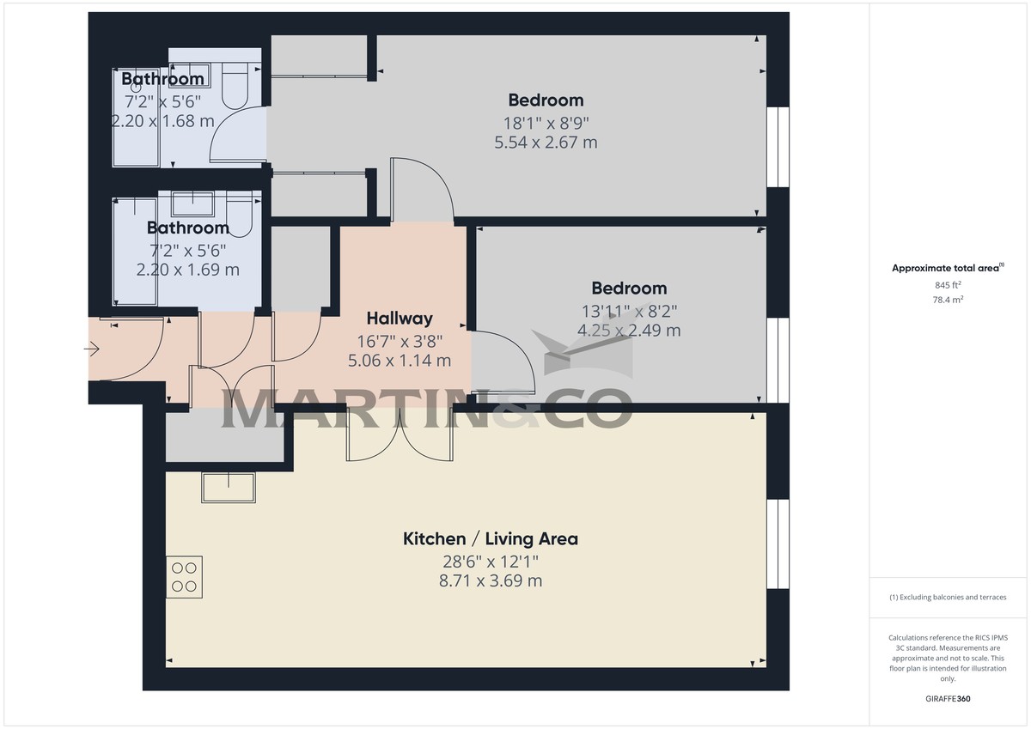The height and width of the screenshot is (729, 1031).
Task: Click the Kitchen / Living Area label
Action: click(491, 539)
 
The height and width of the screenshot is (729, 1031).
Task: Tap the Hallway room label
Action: click(400, 319)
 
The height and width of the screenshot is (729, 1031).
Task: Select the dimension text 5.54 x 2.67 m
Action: click(546, 143)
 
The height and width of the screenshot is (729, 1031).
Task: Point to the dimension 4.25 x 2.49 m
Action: click(630, 330)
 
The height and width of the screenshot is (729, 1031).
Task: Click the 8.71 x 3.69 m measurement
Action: click(491, 581)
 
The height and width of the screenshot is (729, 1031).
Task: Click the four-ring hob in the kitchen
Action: click(185, 577)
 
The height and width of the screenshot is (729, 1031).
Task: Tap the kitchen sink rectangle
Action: click(228, 487)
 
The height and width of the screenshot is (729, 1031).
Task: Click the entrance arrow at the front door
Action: click(93, 349)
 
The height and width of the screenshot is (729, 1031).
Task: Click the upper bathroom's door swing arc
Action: click(236, 137)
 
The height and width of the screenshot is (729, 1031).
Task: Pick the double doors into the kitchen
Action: click(400, 434)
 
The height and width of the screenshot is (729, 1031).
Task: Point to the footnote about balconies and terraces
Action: click(948, 597)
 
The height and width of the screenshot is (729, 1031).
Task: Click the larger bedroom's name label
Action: click(546, 100)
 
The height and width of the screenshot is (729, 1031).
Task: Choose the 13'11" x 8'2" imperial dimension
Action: click(630, 312)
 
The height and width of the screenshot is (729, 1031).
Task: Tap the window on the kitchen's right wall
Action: click(778, 544)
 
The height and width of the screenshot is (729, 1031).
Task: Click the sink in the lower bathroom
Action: click(192, 204)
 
